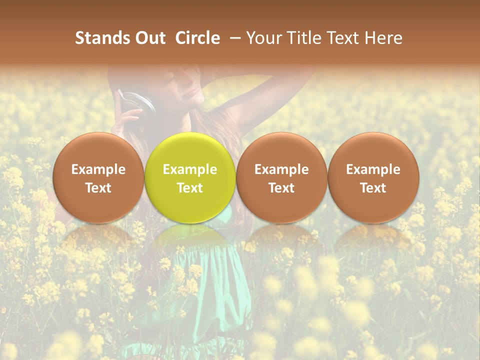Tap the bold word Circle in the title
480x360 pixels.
click(x=197, y=38)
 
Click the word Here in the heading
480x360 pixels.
click(x=383, y=38)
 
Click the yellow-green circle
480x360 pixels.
click(x=190, y=177)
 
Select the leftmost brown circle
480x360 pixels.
click(x=98, y=177)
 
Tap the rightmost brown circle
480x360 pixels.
click(x=373, y=177)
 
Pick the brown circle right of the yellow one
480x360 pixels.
click(x=281, y=177)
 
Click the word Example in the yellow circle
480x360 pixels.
click(x=190, y=169)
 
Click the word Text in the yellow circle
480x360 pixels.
click(x=190, y=188)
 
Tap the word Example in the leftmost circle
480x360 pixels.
click(x=98, y=169)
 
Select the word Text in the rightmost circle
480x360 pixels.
click(x=373, y=188)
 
